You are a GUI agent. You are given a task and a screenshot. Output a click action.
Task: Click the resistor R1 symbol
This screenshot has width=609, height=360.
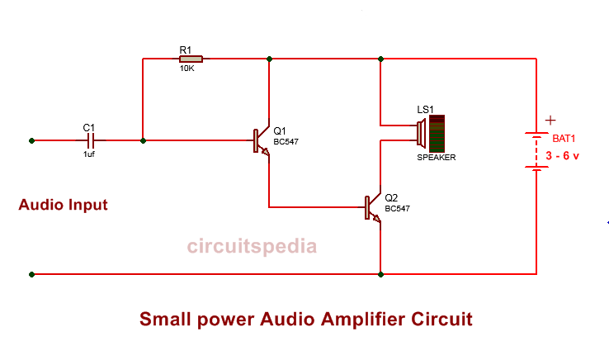(x=191, y=59)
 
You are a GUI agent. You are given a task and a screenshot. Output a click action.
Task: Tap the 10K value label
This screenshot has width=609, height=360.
(x=187, y=69)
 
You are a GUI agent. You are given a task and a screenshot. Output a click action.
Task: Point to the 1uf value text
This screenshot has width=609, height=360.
(x=89, y=154)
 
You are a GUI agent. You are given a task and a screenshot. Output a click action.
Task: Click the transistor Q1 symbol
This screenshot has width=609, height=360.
(x=261, y=141)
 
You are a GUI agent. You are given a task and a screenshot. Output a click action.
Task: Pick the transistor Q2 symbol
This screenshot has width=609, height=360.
(x=372, y=207)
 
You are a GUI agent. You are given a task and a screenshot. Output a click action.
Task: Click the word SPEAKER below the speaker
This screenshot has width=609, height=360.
(x=436, y=157)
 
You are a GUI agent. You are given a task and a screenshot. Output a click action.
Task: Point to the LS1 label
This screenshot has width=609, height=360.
(x=425, y=109)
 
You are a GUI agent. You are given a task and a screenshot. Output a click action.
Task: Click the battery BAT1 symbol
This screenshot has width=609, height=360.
(x=536, y=151)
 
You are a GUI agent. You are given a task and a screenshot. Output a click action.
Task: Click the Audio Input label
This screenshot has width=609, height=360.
(x=63, y=205)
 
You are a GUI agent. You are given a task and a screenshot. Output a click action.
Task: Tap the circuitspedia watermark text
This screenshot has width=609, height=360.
(x=251, y=245)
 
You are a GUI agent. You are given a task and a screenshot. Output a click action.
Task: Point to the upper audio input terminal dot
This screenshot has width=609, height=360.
(x=31, y=140)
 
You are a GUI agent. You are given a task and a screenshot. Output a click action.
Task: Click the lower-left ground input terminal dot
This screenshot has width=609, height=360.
(x=31, y=273)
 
